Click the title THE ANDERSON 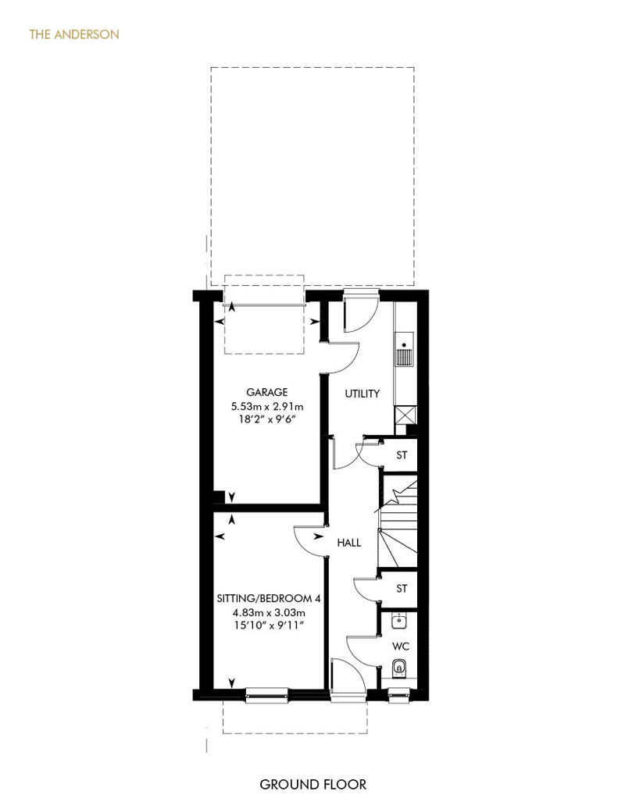tap(74, 34)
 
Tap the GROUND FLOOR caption tap(312, 785)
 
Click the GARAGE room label tap(267, 392)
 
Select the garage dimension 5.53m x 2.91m tap(267, 406)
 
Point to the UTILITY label tap(362, 394)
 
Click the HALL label tap(349, 543)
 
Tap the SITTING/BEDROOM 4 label tap(269, 598)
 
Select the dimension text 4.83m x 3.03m tap(269, 612)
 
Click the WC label tap(401, 647)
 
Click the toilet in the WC tap(399, 668)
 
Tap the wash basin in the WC tap(399, 622)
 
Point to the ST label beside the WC tap(402, 588)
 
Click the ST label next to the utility tap(402, 455)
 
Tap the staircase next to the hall tap(398, 522)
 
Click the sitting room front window tap(267, 696)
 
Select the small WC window tap(399, 695)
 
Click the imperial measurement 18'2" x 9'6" tap(267, 419)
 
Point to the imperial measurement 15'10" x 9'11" tap(269, 625)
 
